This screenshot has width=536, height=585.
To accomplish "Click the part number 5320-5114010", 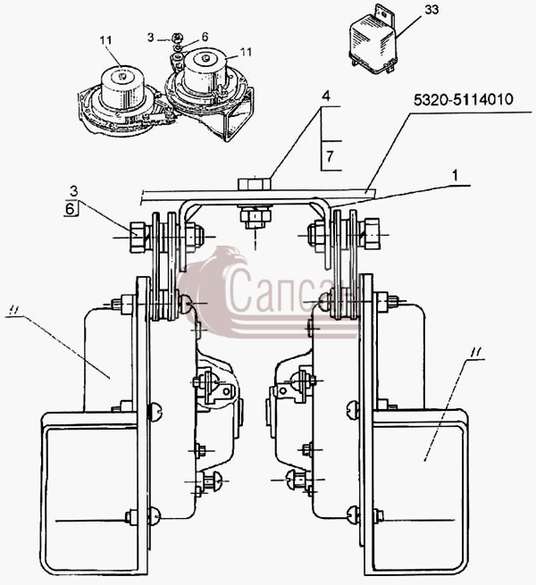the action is tap(464, 100).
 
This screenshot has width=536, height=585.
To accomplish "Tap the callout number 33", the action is tap(431, 9).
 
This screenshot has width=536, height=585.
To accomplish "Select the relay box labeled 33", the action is tap(373, 41).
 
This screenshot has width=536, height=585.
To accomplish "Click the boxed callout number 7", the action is tap(330, 156).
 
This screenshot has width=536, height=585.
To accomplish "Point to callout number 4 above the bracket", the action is tap(326, 96).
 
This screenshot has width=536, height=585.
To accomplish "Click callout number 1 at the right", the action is tap(455, 175).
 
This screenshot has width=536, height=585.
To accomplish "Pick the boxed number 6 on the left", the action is tap(70, 209).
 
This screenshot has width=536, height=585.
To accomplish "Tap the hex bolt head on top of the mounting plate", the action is tap(255, 184).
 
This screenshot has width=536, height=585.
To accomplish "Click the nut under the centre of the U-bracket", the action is tap(255, 218).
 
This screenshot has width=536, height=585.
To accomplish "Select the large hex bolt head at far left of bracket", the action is tap(138, 237).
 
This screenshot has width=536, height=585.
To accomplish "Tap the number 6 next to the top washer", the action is tap(205, 37).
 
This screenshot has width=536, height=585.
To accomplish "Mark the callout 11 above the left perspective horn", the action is tap(106, 40).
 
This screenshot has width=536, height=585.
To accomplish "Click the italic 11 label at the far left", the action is tap(14, 309).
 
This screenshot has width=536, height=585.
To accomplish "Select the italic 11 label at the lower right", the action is tap(475, 352).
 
